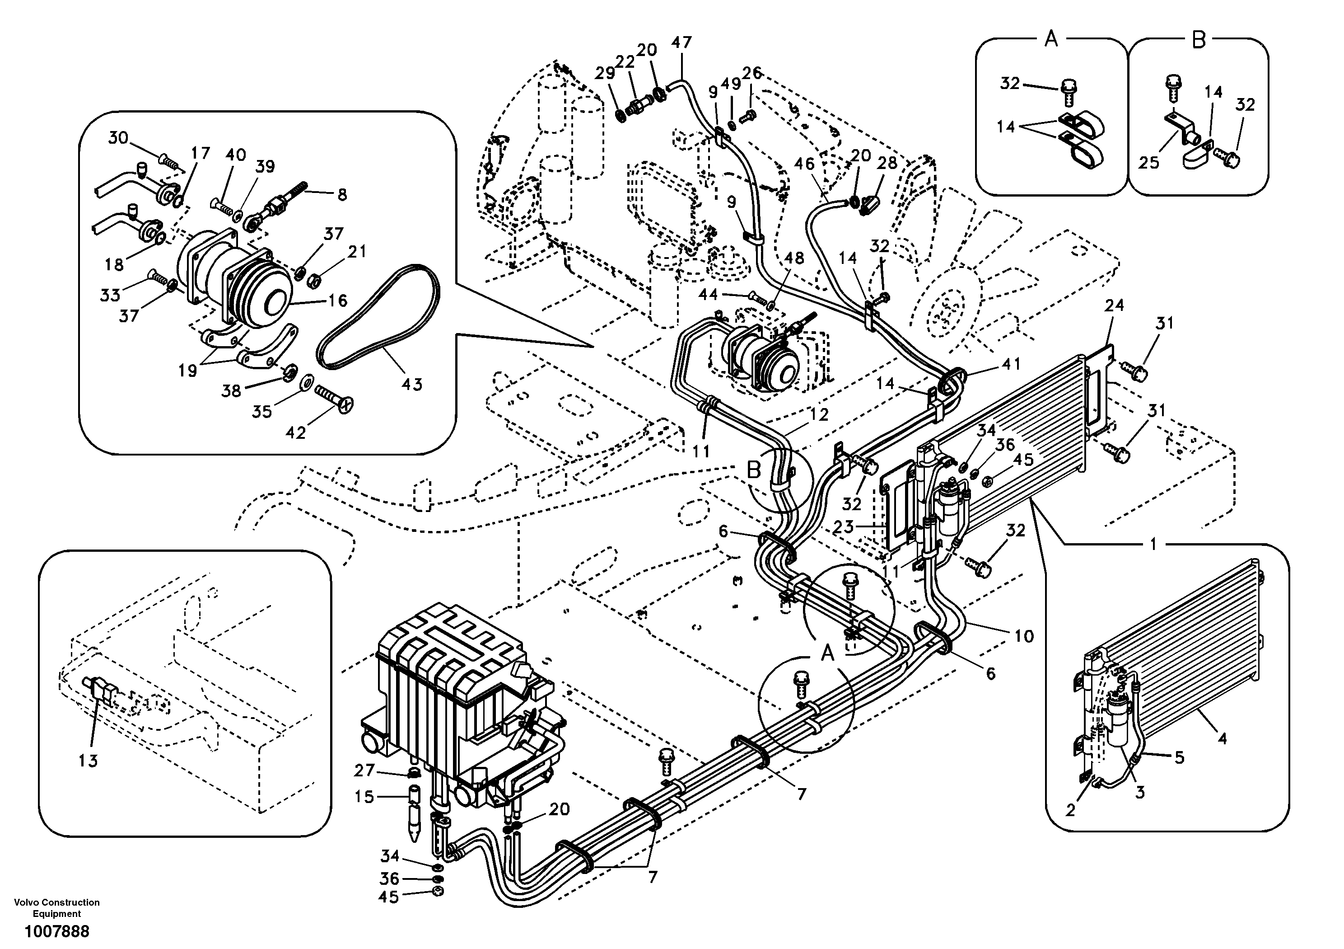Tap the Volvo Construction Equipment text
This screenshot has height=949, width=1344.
[57, 907]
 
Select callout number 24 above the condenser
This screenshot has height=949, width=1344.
[1115, 305]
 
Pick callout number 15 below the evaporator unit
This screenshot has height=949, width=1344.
[364, 797]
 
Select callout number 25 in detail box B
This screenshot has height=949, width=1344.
[1148, 162]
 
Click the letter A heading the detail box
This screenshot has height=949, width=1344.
[1051, 40]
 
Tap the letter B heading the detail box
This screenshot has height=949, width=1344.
[1199, 40]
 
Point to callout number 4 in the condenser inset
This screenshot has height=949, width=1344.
[1222, 739]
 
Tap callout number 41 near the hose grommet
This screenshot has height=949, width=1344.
[1011, 364]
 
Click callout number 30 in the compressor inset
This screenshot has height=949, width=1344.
[118, 138]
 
